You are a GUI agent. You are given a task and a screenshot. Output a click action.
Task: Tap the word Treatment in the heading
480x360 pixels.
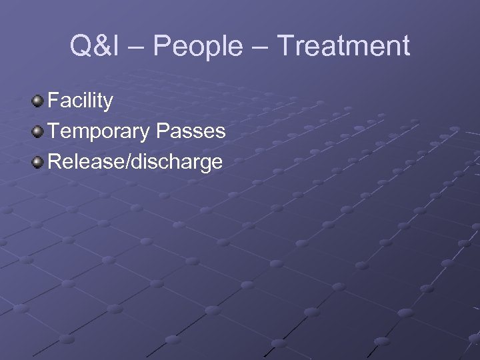coord(343,47)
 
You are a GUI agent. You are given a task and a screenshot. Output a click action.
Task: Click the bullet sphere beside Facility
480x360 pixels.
coord(39,101)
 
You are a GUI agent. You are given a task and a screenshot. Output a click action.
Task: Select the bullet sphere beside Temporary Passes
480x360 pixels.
coord(39,131)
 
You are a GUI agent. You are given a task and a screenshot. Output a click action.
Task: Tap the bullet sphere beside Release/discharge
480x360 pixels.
coord(39,161)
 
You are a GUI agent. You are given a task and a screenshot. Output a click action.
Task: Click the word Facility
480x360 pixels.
coord(81,101)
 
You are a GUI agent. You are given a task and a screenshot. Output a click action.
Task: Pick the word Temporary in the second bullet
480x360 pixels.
coord(99,131)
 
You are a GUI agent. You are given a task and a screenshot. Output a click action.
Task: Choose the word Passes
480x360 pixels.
coord(190,131)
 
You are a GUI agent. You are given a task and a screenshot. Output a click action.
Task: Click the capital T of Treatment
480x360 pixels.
coord(286,47)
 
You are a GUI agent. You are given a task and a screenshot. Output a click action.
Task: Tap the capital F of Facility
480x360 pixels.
coord(53,101)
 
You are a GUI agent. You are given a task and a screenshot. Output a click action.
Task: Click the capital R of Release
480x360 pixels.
coord(55,161)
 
